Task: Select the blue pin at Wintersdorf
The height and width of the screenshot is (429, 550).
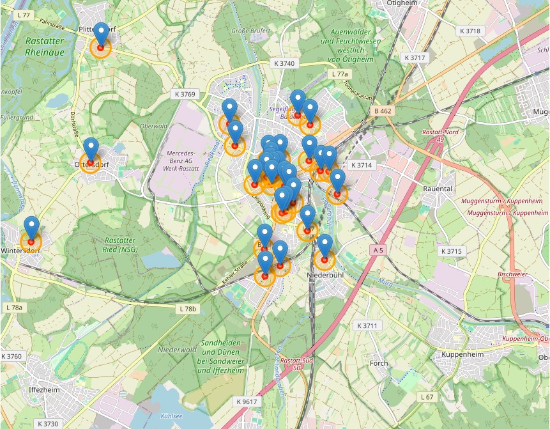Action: click(x=31, y=227)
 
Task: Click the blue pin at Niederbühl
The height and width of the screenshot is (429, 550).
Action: click(x=325, y=245)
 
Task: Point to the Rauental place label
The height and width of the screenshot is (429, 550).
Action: click(x=438, y=189)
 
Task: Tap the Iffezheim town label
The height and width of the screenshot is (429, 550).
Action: click(x=43, y=389)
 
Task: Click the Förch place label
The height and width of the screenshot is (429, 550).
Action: click(x=378, y=363)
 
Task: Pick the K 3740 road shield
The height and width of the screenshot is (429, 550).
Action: click(x=284, y=63)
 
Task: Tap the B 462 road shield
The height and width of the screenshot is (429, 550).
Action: click(x=383, y=111)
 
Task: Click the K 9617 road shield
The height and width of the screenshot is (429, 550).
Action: click(x=246, y=402)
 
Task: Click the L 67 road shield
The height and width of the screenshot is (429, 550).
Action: click(x=427, y=397)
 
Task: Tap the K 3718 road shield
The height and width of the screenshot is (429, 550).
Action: click(x=470, y=31)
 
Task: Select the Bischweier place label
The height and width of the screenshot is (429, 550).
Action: click(x=512, y=273)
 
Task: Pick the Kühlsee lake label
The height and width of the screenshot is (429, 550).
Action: click(x=171, y=416)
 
